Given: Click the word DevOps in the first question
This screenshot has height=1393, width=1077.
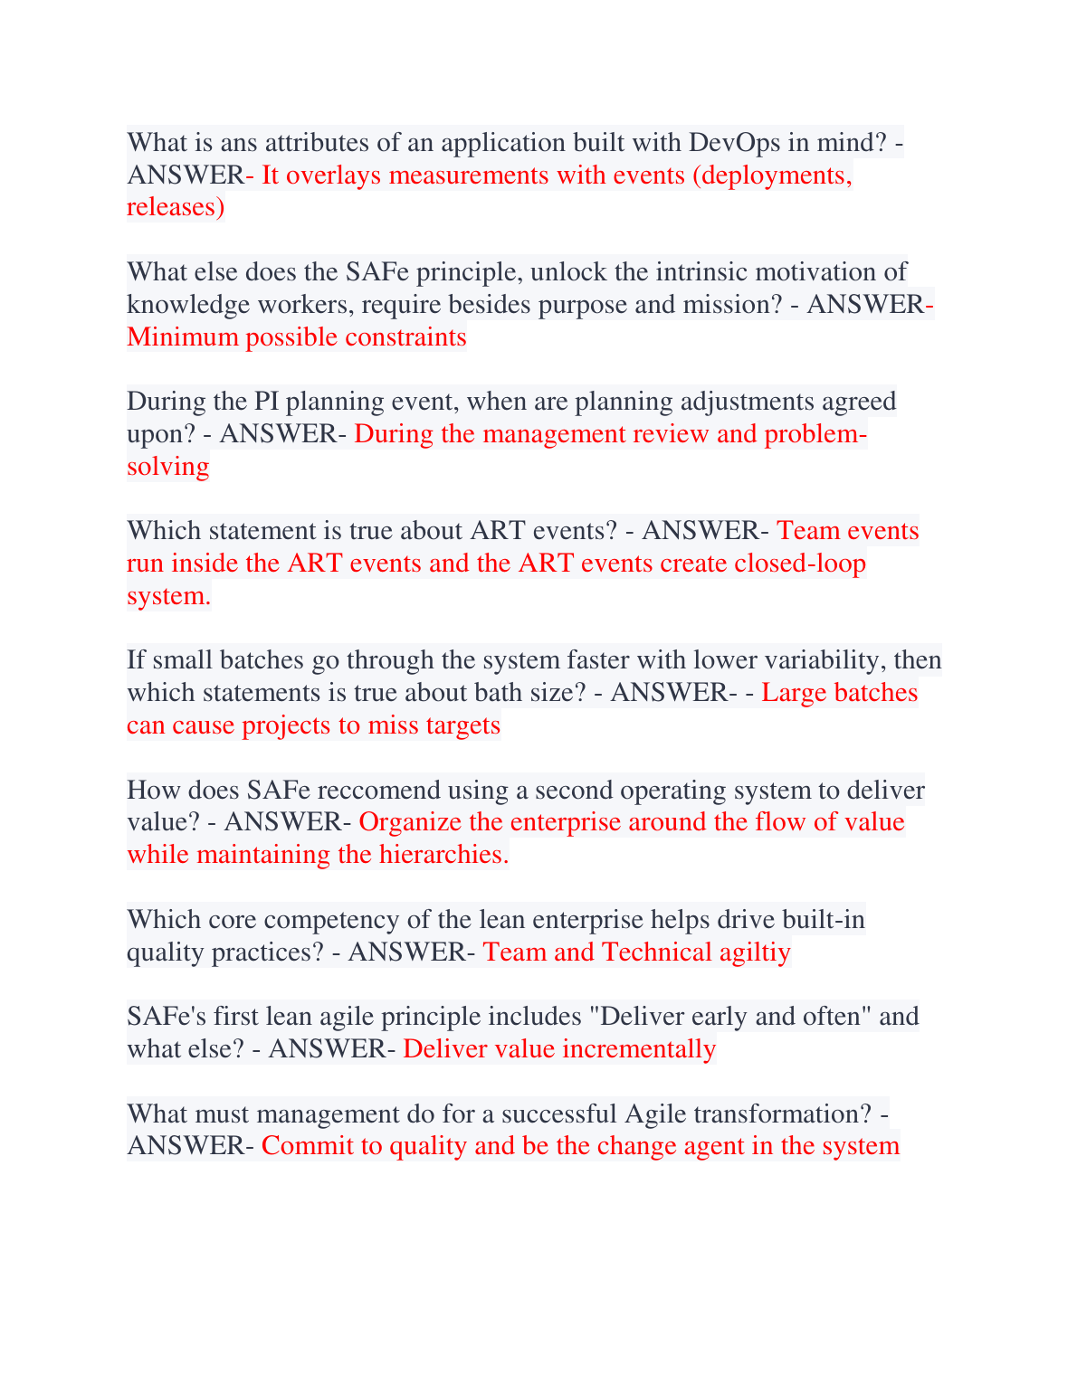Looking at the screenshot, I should click(x=734, y=143).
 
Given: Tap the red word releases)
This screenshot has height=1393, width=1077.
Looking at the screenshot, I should click(x=176, y=208).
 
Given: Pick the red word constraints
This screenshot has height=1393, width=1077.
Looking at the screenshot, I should click(x=411, y=337).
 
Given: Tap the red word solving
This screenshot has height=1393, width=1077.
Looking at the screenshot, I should click(x=168, y=467).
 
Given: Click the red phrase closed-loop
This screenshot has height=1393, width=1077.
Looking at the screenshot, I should click(x=799, y=564).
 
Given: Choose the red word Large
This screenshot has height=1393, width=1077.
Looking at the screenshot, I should click(x=794, y=693).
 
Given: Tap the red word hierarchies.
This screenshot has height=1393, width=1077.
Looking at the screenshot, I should click(x=437, y=855).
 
